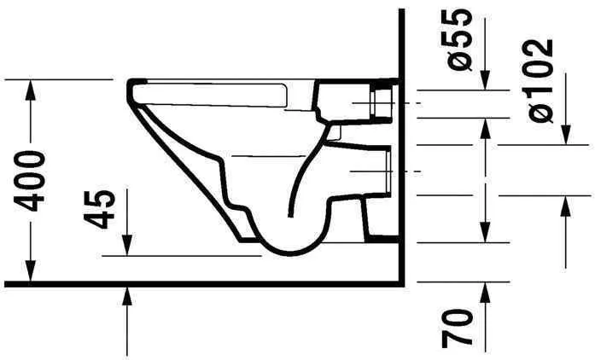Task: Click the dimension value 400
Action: (31, 181)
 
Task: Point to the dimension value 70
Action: (459, 327)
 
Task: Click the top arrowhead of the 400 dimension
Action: (32, 86)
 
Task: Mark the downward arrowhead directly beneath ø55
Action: (486, 83)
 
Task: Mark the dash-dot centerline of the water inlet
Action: (410, 102)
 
